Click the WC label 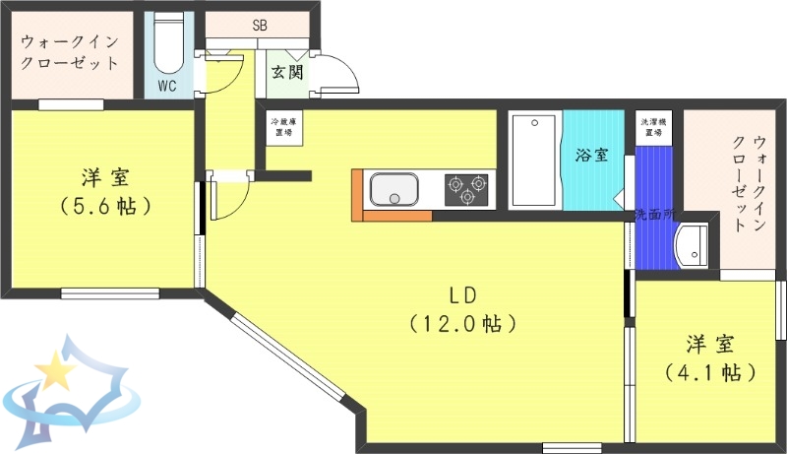click(167, 86)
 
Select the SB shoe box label click(260, 25)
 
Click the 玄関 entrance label click(286, 71)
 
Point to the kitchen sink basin click(393, 188)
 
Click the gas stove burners click(467, 188)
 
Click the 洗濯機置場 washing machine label click(651, 127)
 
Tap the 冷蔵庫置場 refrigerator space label click(286, 127)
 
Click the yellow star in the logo click(55, 372)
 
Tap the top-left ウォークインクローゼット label click(70, 52)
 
